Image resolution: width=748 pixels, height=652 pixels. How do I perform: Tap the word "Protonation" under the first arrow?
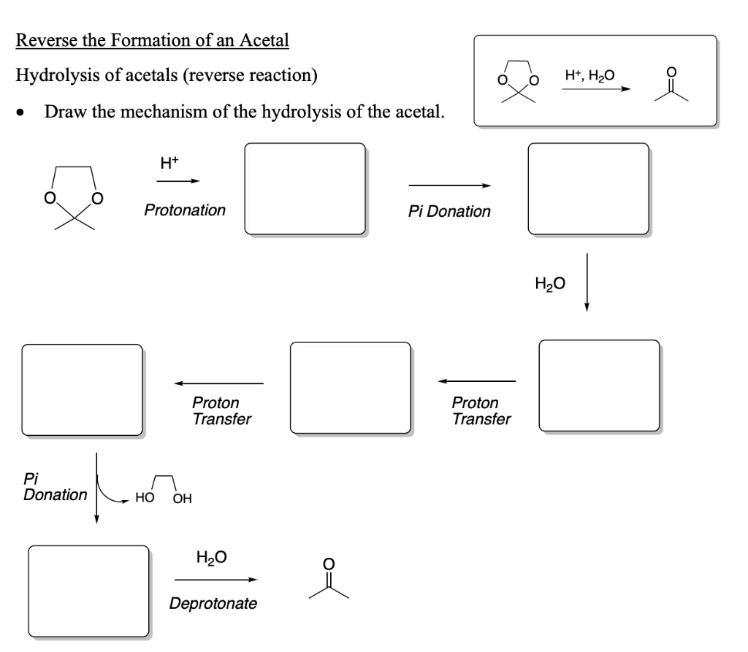[185, 210]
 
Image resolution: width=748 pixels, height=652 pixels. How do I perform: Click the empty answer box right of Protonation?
[305, 188]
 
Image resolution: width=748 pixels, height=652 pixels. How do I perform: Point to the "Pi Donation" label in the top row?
[449, 211]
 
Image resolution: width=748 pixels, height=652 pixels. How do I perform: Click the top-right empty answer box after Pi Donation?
[588, 188]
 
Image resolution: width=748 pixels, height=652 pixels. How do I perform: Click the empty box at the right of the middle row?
[599, 385]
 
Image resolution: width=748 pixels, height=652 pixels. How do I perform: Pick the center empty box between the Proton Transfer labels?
[351, 387]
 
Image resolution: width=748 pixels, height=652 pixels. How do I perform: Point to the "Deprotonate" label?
[213, 605]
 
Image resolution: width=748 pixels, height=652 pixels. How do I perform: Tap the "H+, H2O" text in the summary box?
[589, 74]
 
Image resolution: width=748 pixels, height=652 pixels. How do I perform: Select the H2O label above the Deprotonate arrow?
[212, 559]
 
